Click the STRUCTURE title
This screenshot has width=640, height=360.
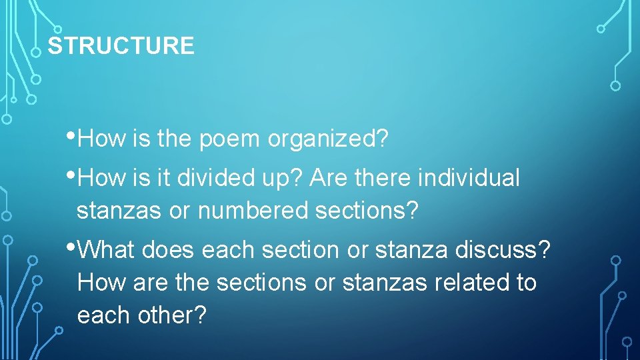click(121, 46)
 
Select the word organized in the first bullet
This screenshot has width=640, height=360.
click(328, 139)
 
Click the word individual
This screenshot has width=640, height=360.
click(468, 178)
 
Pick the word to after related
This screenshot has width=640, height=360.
click(525, 283)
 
